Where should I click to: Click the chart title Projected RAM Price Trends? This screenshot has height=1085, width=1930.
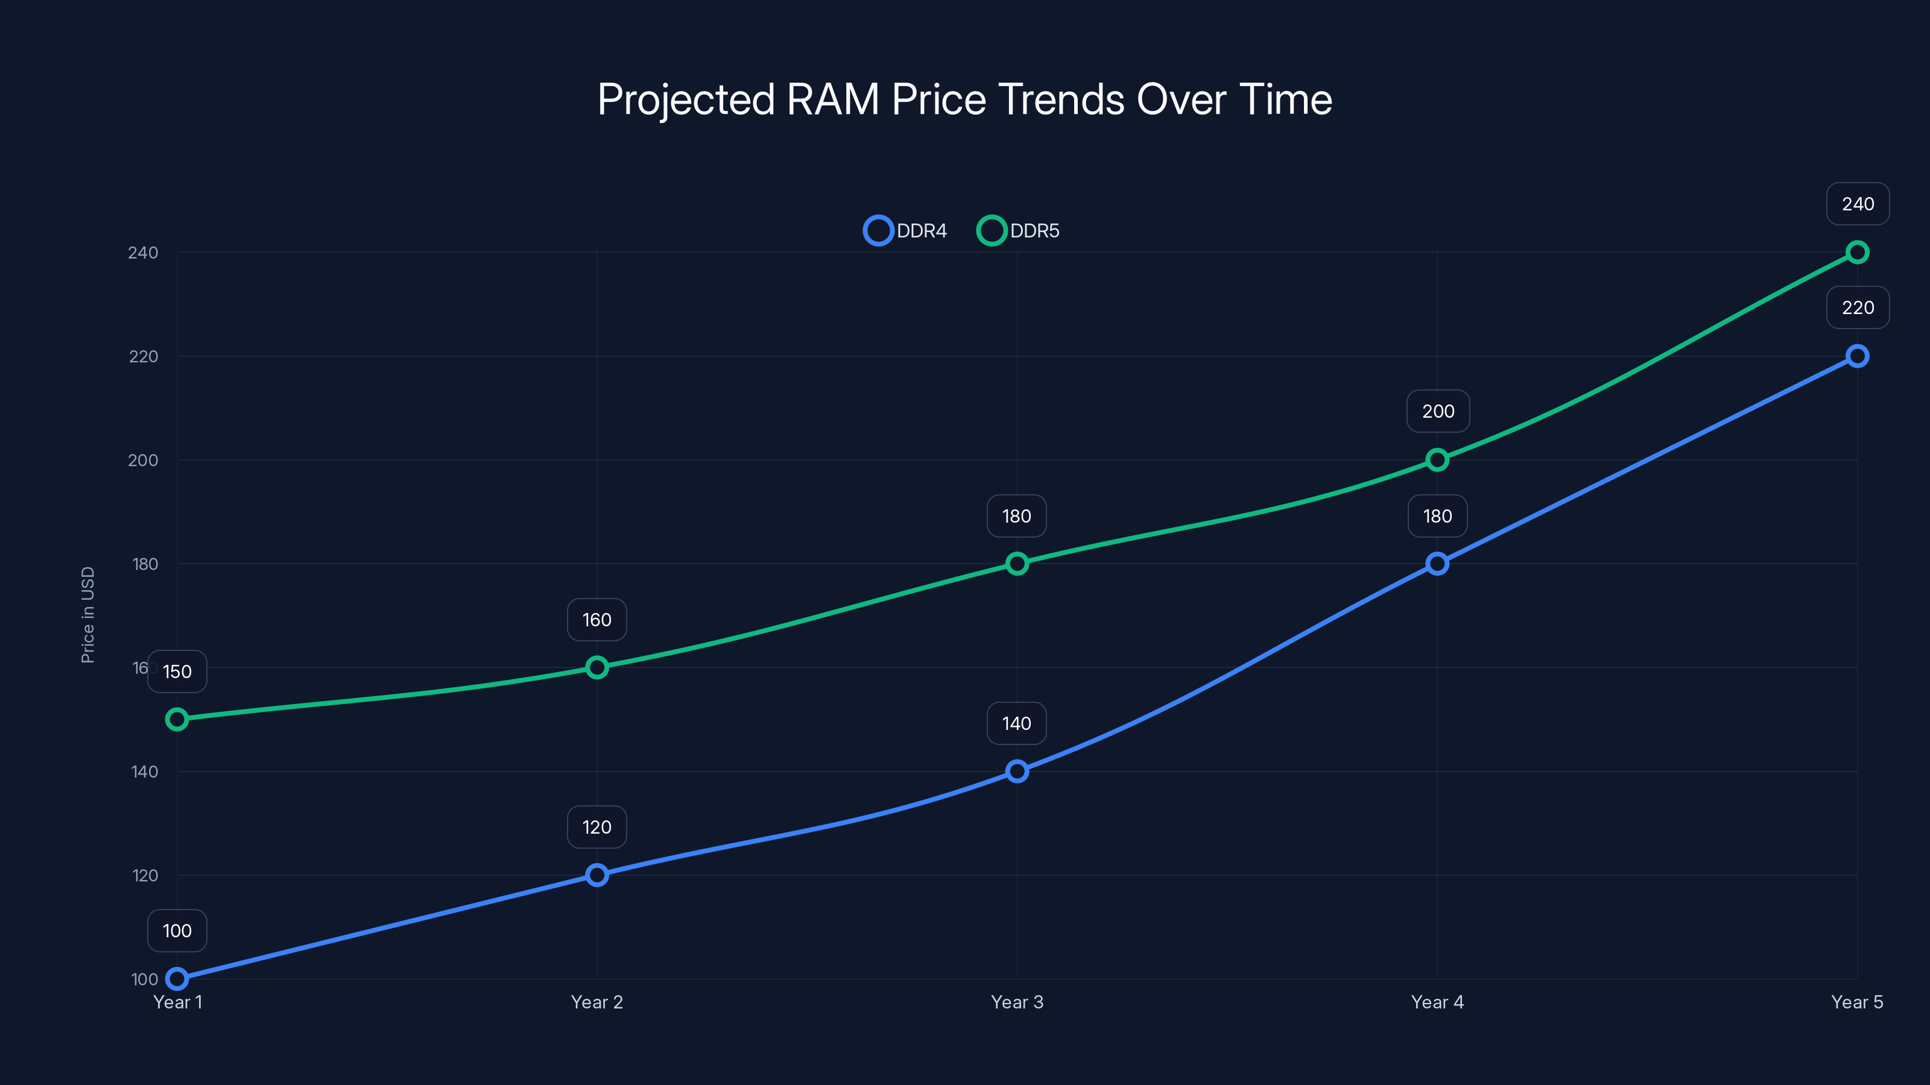point(964,99)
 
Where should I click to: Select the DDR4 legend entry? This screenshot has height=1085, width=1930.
point(906,231)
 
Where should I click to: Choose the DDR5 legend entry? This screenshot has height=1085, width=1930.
point(1019,231)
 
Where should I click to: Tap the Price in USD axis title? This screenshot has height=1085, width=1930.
point(87,614)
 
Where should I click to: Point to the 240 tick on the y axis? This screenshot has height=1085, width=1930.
point(143,253)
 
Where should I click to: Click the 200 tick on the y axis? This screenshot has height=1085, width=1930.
point(143,461)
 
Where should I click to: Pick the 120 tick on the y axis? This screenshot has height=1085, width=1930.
point(145,875)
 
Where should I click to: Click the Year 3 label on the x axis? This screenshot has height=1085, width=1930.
point(1017,1002)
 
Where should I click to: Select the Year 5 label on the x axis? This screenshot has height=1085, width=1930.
point(1856,1002)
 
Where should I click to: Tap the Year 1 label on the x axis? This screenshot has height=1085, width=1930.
point(177,1002)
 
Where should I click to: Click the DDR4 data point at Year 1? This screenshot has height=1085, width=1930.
point(177,979)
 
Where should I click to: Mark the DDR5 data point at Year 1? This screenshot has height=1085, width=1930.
point(177,719)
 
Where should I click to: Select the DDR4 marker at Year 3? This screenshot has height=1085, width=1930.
point(1017,772)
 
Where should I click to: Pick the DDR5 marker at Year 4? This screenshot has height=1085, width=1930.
point(1437,460)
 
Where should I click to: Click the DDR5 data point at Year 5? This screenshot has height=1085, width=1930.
point(1856,253)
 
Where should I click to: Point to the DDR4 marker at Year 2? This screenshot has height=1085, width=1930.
point(596,875)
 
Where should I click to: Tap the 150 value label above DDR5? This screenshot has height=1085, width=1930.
point(177,671)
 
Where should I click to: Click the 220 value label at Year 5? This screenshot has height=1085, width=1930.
point(1858,308)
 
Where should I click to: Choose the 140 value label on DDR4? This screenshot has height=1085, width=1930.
point(1017,723)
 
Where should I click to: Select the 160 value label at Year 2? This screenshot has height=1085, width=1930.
point(596,620)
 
